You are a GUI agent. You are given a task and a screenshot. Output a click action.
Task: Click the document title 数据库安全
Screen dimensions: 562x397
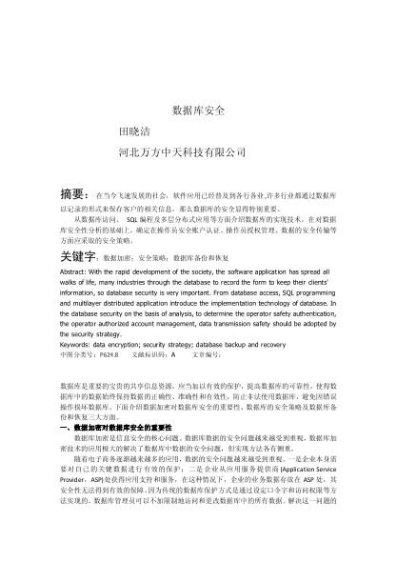(197, 111)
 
